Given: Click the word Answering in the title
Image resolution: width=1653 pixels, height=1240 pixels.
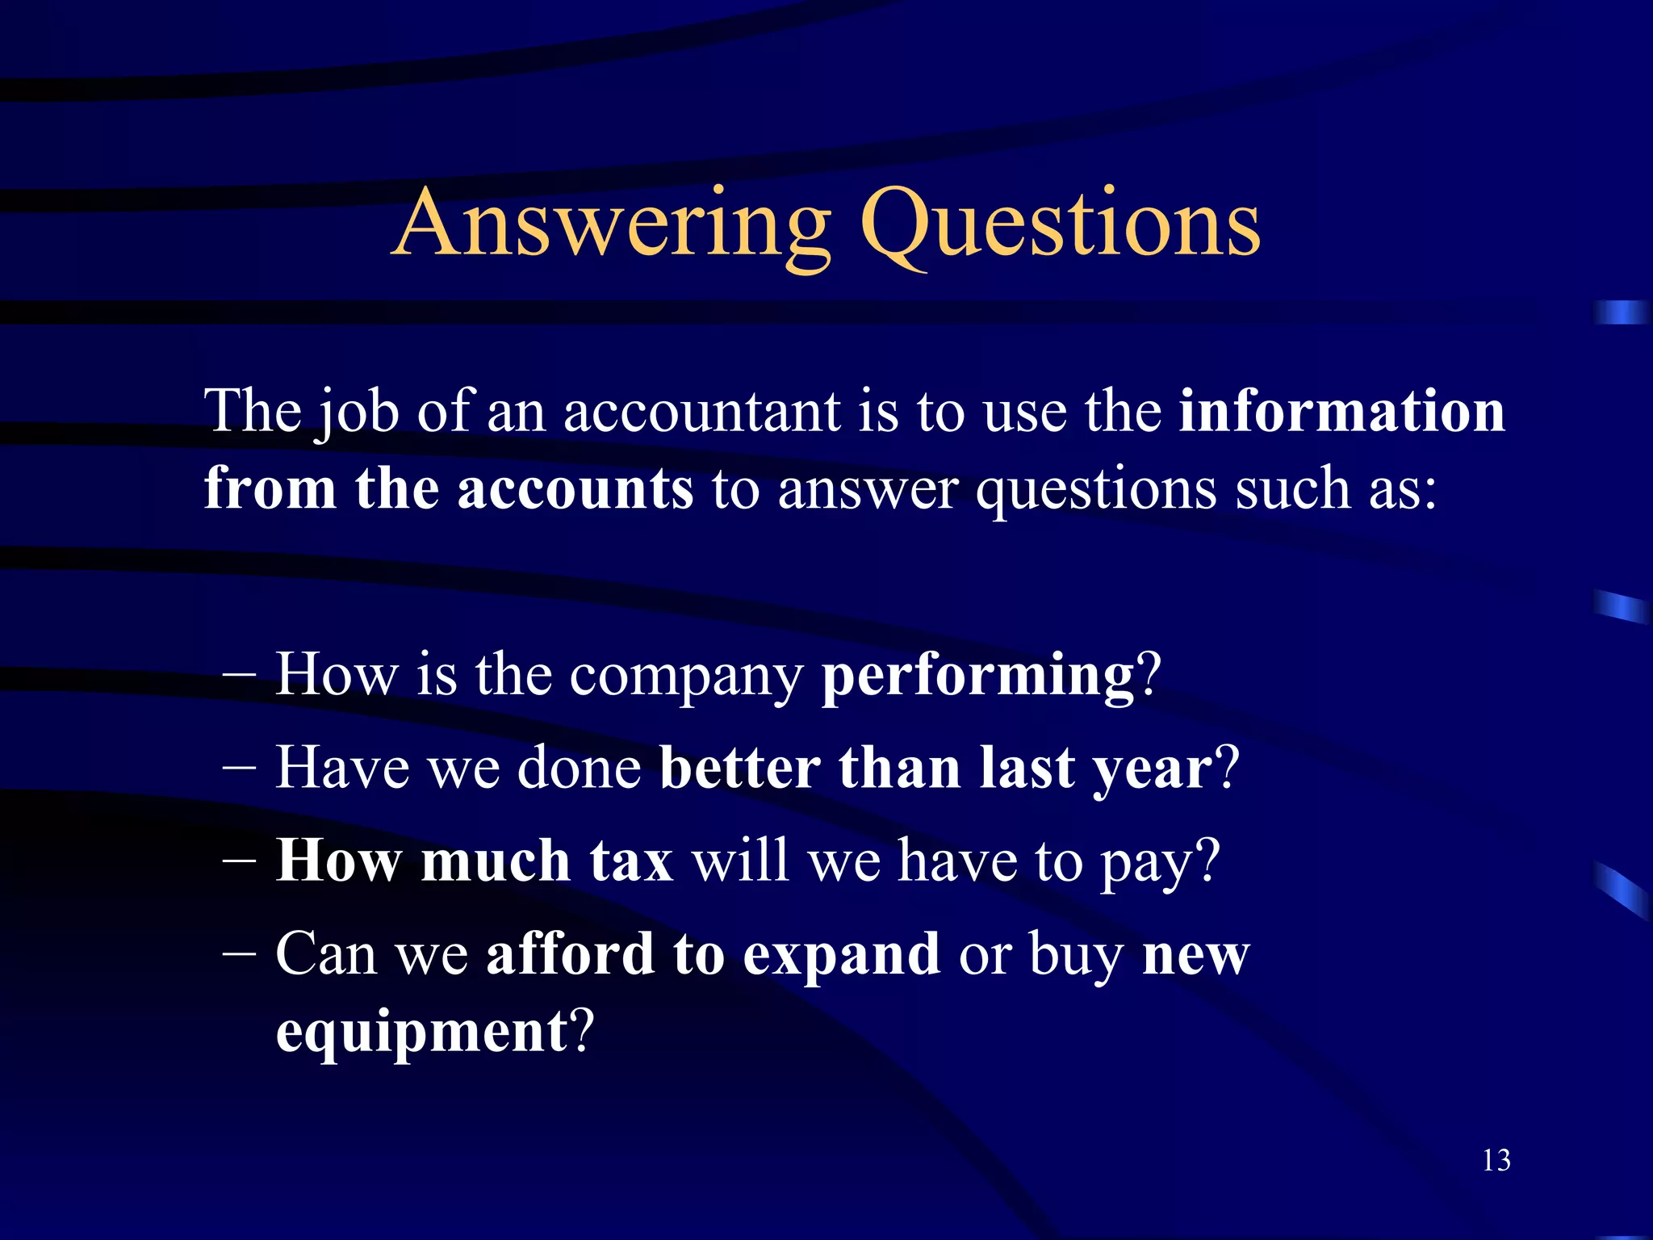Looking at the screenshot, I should [613, 224].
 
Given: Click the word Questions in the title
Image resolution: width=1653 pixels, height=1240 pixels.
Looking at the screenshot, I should [1059, 224].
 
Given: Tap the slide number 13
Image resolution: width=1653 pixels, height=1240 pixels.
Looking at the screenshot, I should [1496, 1161].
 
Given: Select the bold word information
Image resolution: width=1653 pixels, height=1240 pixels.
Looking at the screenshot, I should [1341, 411].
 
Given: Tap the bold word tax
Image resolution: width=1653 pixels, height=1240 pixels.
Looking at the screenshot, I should [631, 861].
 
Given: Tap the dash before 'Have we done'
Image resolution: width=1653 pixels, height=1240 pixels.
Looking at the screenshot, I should [240, 767].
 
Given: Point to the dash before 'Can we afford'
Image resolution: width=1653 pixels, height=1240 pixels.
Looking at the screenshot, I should [240, 953].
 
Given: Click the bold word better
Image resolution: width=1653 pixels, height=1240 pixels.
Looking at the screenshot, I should [739, 768].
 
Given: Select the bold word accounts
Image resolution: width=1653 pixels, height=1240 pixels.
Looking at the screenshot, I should [575, 489].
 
